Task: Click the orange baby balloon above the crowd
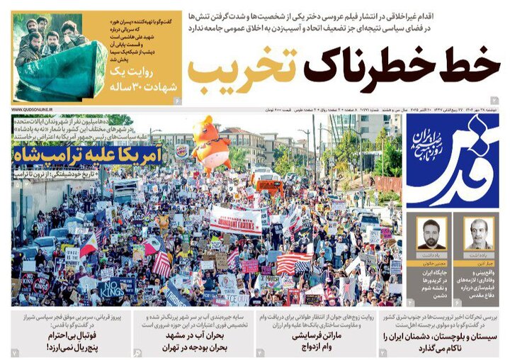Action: coord(210,144)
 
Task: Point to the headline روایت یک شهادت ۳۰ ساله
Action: coord(141,83)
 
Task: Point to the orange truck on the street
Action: coord(270,184)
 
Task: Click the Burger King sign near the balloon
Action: coord(182,151)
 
